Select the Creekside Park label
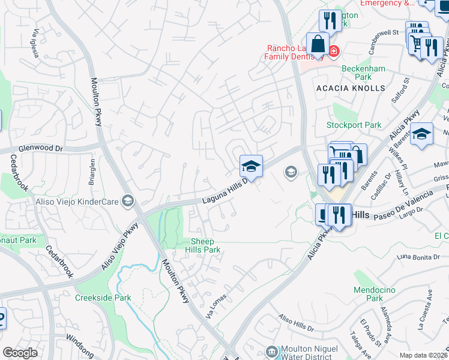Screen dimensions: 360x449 pos(103,298)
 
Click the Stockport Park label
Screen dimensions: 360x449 pos(354,125)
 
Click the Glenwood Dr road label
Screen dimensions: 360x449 pos(41,148)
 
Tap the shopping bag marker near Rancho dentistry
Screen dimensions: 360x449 pos(318,44)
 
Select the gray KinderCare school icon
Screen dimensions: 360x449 pos(127,201)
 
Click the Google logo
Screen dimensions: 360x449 pos(20,352)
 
